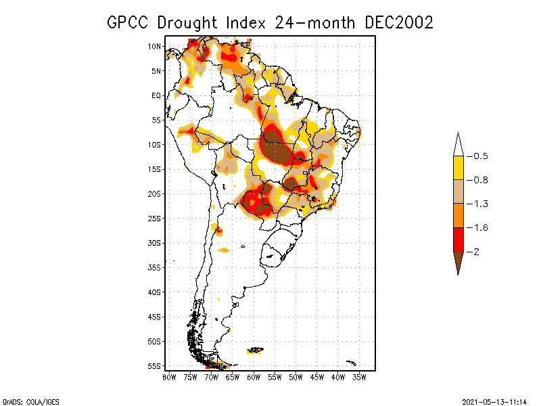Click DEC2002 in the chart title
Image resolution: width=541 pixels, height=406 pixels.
(398, 22)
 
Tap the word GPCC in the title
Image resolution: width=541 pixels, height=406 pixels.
(129, 22)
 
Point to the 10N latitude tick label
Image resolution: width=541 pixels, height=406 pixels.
(155, 47)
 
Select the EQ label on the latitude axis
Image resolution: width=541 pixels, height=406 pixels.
(156, 95)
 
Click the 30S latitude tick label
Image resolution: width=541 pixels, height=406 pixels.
(155, 243)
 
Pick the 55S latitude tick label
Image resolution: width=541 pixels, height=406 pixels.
(155, 366)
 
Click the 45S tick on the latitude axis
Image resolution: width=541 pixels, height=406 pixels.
(155, 317)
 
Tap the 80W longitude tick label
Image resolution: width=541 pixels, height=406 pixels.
(169, 378)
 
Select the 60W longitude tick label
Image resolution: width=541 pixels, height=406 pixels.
(254, 378)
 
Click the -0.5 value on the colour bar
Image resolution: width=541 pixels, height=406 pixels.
(479, 156)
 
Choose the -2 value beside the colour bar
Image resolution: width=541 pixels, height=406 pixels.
(477, 252)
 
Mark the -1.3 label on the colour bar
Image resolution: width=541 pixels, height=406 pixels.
(479, 204)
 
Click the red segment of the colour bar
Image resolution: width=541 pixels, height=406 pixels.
(458, 240)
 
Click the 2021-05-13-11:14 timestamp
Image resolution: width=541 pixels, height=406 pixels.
(494, 401)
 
